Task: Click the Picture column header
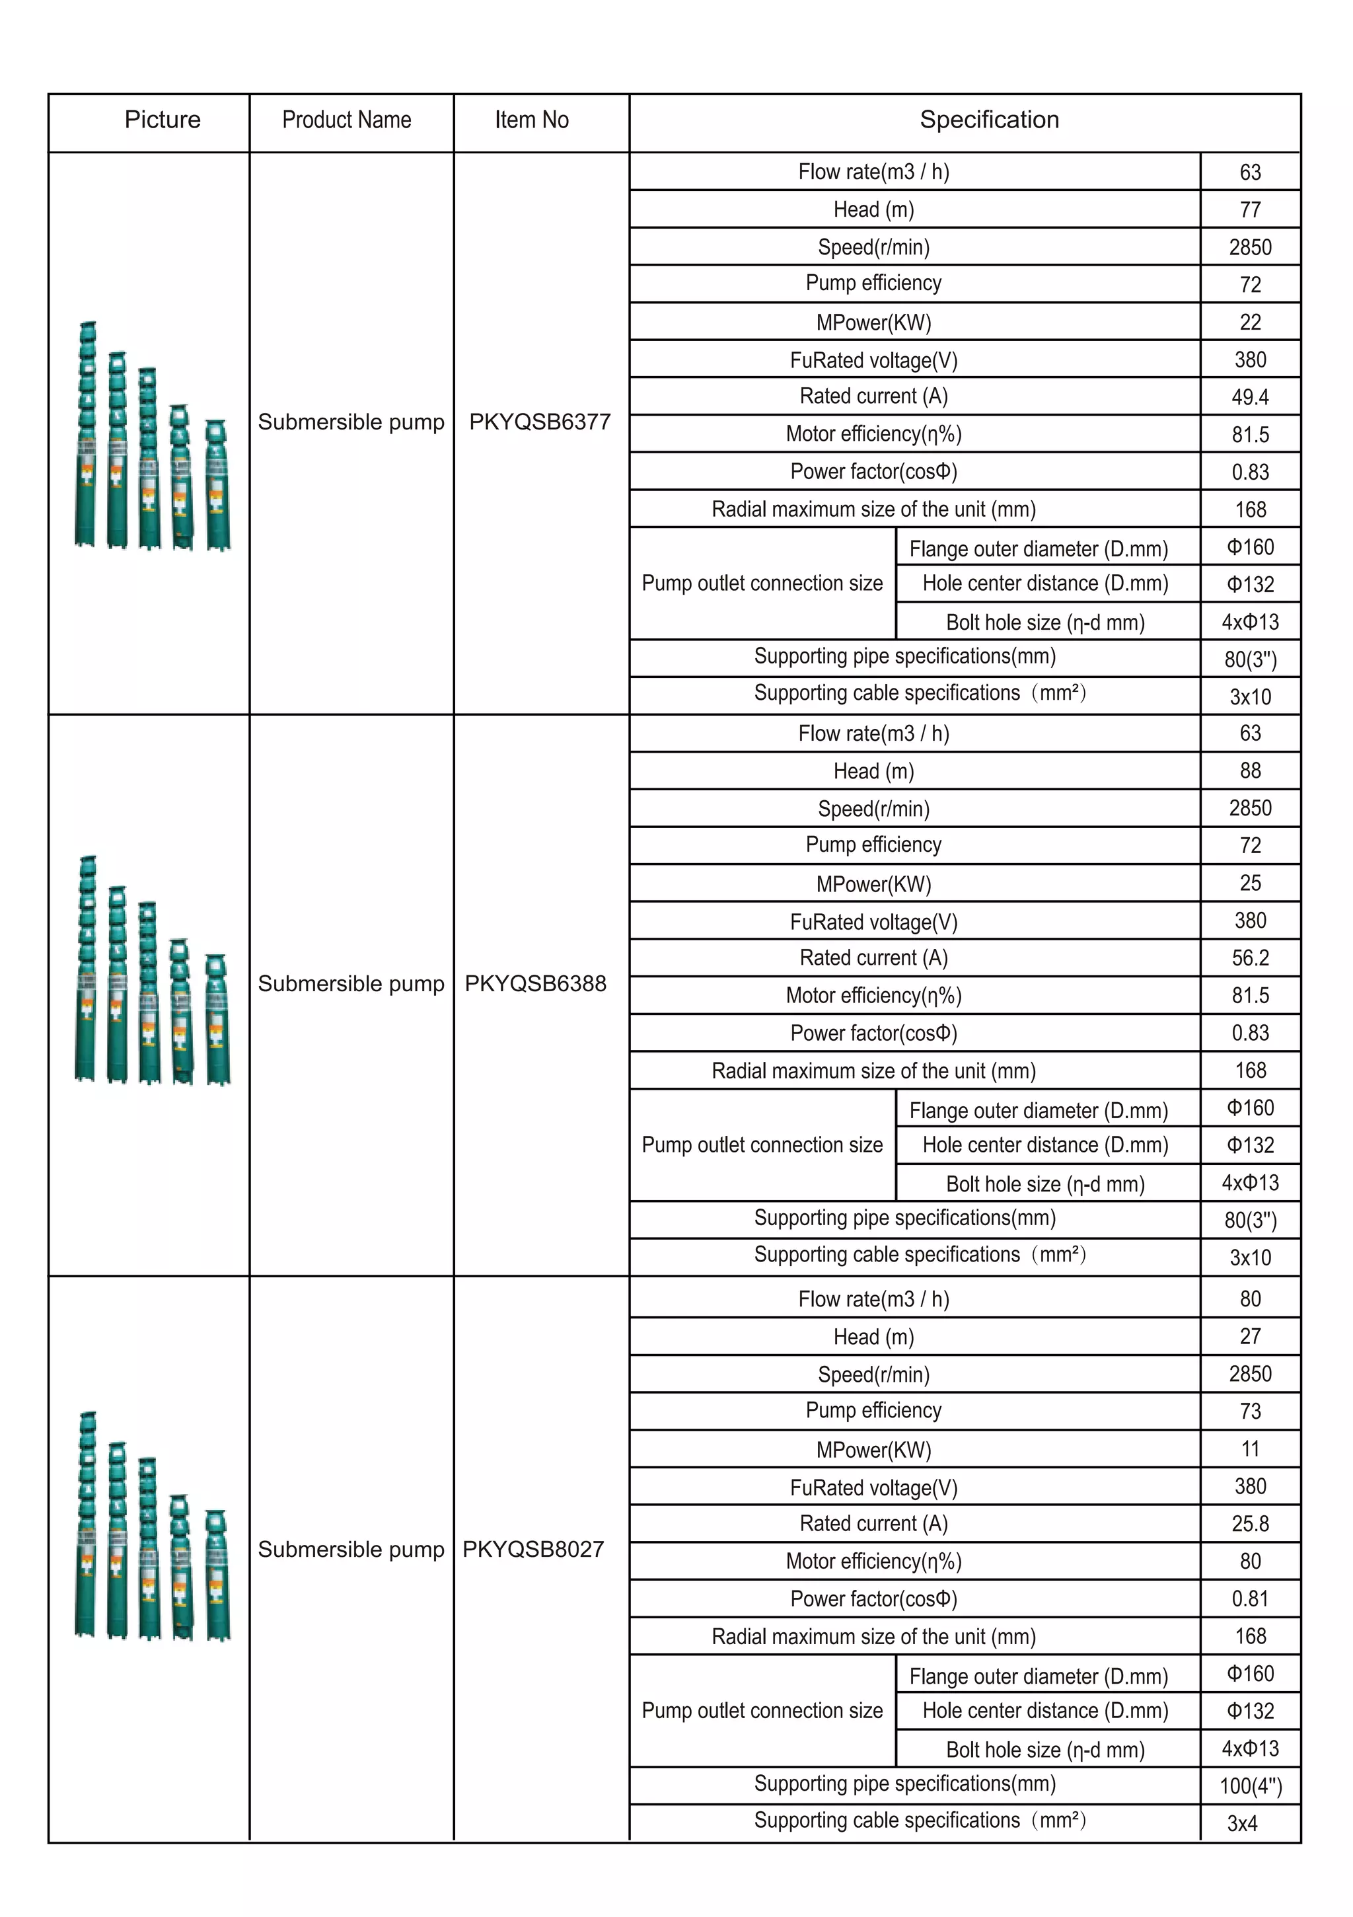tap(163, 120)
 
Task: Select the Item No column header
tap(532, 120)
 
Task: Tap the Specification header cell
tap(989, 120)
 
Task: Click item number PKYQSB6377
tap(540, 422)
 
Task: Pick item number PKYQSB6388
tap(535, 983)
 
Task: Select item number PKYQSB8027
tap(533, 1549)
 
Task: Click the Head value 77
tap(1249, 209)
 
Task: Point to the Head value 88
tap(1249, 771)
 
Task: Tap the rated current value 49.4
tap(1249, 397)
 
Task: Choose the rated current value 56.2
tap(1249, 958)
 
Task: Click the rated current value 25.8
tap(1249, 1524)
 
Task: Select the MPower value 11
tap(1249, 1448)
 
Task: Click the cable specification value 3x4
tap(1242, 1823)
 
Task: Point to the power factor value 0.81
tap(1249, 1599)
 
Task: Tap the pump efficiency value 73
tap(1249, 1411)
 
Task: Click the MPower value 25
tap(1249, 883)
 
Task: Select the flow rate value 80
tap(1249, 1299)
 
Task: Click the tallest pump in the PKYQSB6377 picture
tap(86, 434)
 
